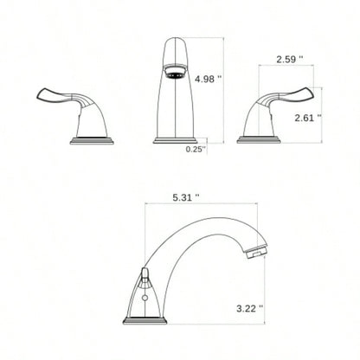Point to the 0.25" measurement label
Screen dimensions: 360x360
click(x=196, y=149)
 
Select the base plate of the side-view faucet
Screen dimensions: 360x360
click(x=146, y=320)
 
